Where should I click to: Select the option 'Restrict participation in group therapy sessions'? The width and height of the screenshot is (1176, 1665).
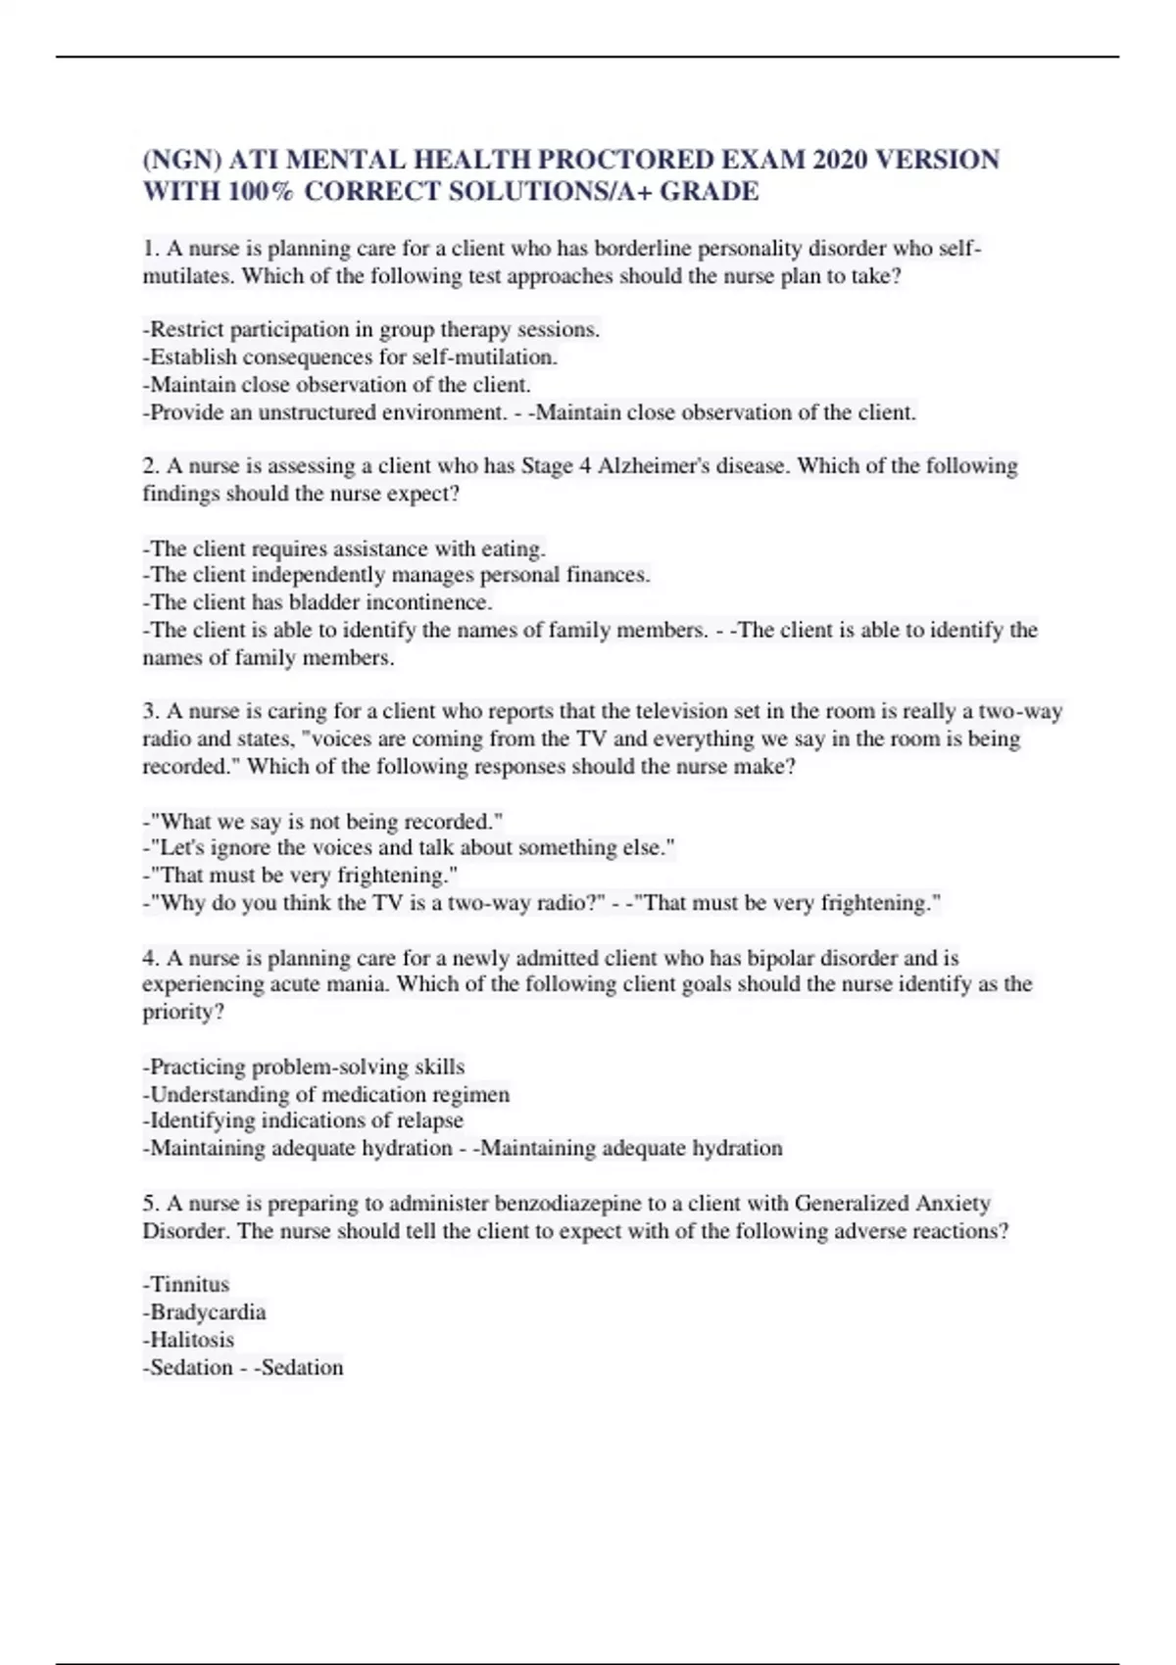(x=371, y=330)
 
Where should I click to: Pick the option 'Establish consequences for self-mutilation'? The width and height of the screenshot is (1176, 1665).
(x=351, y=357)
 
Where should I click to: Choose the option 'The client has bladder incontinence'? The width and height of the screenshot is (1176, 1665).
(x=318, y=602)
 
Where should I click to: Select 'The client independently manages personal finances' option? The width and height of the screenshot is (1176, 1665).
(x=397, y=575)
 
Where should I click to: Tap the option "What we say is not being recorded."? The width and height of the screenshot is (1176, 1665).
(x=323, y=821)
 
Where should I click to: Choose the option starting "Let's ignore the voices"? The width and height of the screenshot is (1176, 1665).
(x=410, y=848)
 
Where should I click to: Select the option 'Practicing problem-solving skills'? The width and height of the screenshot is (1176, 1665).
(x=304, y=1067)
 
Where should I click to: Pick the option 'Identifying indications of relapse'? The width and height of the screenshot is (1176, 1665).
(x=303, y=1120)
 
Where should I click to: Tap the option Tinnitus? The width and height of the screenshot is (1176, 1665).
(x=186, y=1285)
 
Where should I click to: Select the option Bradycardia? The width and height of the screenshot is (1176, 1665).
(x=205, y=1312)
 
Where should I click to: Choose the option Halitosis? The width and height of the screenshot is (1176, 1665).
(x=189, y=1340)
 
